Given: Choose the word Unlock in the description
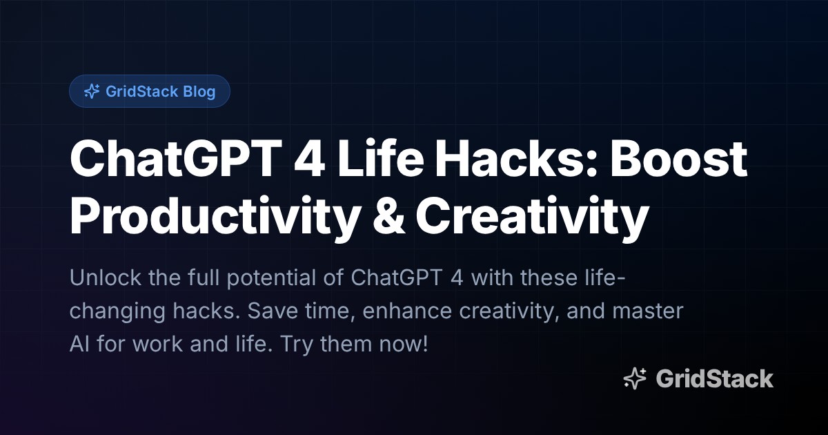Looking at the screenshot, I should coord(103,280).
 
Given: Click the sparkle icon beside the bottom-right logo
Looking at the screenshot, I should coord(635,378).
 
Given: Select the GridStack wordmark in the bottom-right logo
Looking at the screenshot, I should coord(714,378).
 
